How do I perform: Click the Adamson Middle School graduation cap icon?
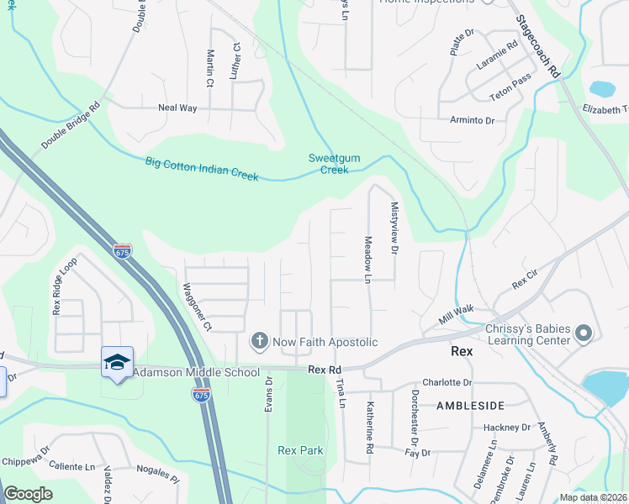(117, 362)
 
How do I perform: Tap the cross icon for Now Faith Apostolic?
(259, 342)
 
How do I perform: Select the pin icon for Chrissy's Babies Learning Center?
(584, 335)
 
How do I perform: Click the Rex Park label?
(300, 450)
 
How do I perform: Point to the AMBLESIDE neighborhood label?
(468, 405)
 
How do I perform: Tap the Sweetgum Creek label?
(328, 164)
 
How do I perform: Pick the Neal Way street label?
(177, 108)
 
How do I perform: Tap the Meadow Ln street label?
(367, 259)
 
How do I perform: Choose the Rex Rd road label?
(325, 370)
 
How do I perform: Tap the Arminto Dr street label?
(472, 121)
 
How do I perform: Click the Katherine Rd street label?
(368, 428)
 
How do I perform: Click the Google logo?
(29, 494)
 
